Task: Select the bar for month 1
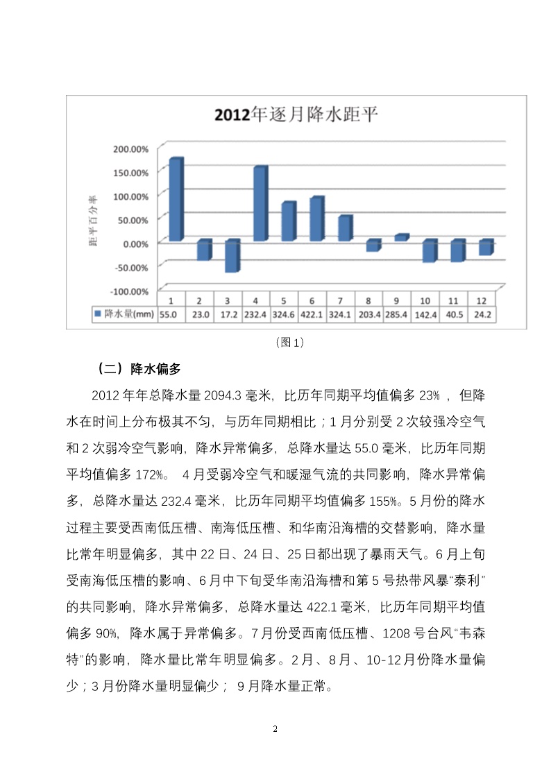point(176,200)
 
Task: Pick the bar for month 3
point(232,257)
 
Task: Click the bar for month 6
point(316,220)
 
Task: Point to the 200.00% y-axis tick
point(130,149)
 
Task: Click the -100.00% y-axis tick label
point(130,291)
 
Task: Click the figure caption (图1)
point(289,342)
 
